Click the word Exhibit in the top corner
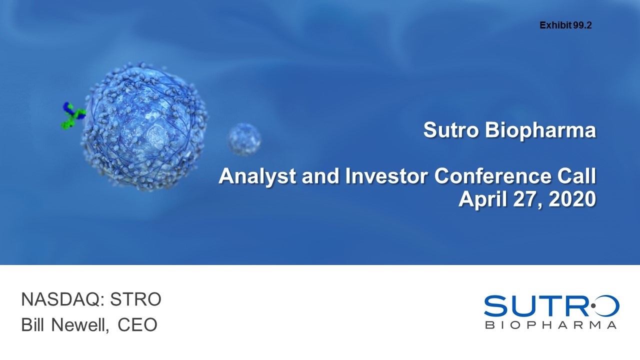pos(555,25)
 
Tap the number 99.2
pos(582,25)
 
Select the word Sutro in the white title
pos(451,130)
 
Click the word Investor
pos(386,176)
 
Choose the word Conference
pos(493,176)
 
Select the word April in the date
pos(483,199)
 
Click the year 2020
pos(572,199)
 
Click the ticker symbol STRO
pos(135,299)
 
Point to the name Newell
pos(80,325)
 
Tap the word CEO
pos(137,325)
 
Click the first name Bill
pos(32,324)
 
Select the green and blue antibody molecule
pos(73,115)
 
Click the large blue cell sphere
pos(144,126)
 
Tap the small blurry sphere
pos(244,139)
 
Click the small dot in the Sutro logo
pos(593,305)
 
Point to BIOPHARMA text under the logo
pos(551,325)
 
